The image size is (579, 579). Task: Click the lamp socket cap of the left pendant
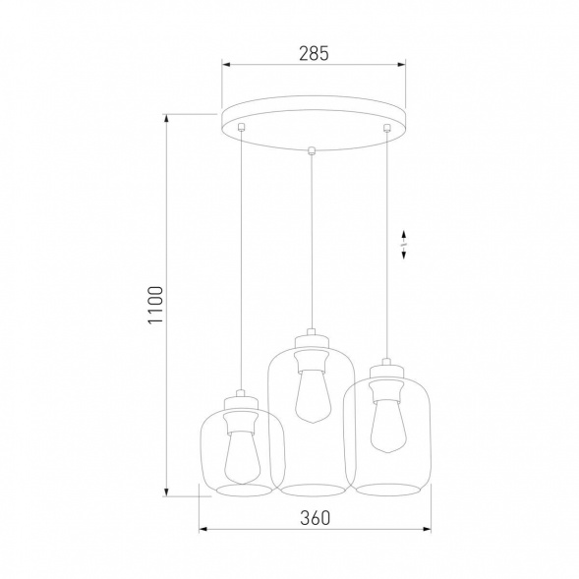coord(239,397)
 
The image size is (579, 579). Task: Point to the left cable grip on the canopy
coord(241,127)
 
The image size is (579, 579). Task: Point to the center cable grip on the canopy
coord(313,150)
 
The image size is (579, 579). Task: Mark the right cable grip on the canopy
coord(387,127)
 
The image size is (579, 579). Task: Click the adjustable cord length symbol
coord(406,245)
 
